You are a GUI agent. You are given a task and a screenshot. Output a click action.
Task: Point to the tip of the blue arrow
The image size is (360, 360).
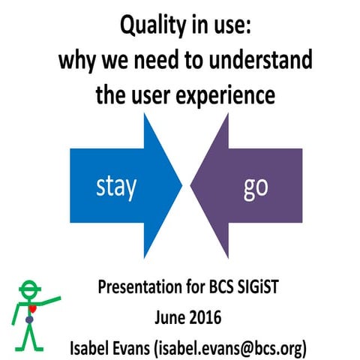point(182,183)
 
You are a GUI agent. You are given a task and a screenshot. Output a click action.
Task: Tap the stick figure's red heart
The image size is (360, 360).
point(32,308)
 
